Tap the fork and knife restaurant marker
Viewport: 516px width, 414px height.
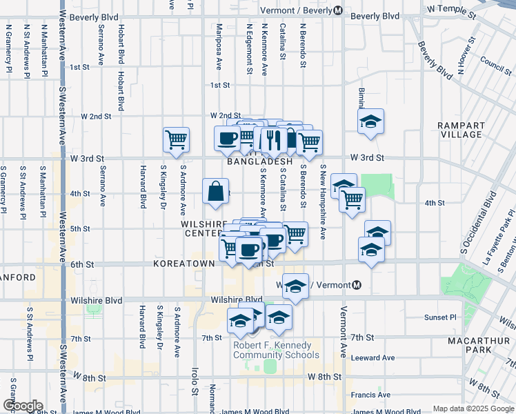274,140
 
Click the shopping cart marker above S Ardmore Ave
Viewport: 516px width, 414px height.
177,139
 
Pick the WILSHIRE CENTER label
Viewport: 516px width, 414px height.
204,229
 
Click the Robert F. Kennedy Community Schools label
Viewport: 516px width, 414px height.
276,351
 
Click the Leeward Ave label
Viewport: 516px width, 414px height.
373,357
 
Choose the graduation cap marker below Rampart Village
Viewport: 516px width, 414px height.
370,122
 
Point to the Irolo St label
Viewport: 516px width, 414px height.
195,383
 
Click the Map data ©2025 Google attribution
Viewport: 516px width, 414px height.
473,408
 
